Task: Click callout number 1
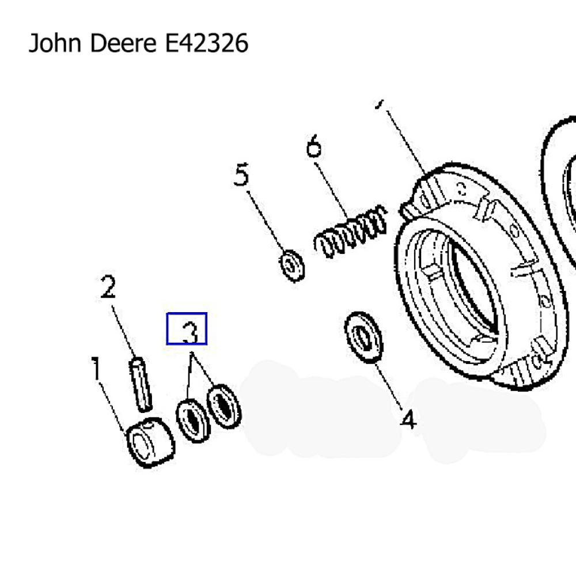(x=96, y=370)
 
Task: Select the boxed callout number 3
(x=187, y=329)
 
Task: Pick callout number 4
(x=408, y=420)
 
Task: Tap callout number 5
(x=241, y=175)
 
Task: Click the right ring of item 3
(x=223, y=406)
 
